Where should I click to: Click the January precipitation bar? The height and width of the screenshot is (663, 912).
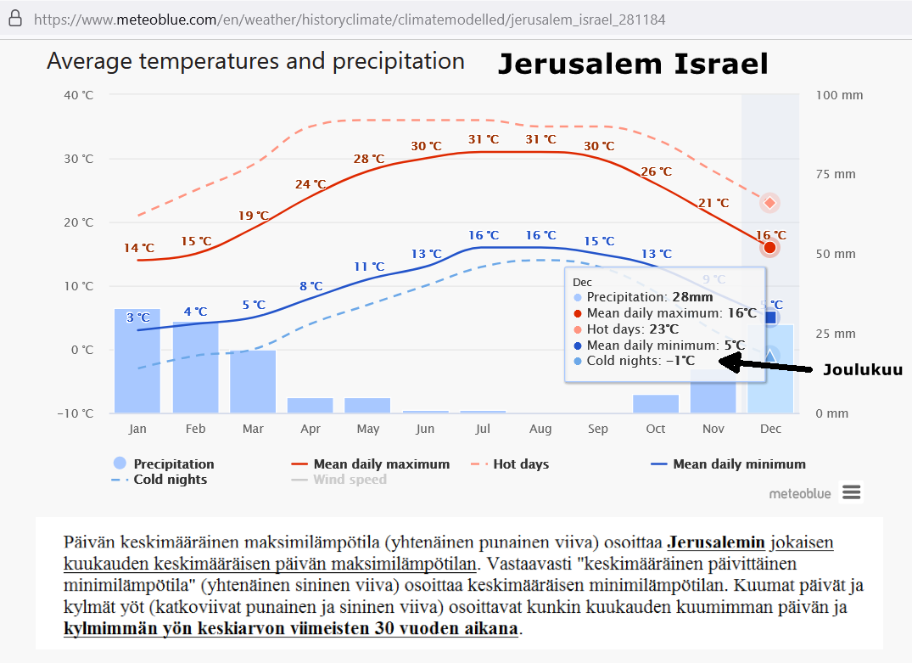click(137, 361)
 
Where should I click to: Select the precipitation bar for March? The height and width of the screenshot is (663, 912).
click(252, 381)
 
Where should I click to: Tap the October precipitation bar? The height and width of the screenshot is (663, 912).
click(656, 404)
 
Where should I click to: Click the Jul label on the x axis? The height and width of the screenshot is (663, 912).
click(483, 429)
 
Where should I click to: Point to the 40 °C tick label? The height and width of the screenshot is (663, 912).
click(79, 95)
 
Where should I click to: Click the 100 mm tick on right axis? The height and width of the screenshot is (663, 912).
click(839, 95)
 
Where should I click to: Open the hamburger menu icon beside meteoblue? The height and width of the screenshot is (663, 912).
click(852, 492)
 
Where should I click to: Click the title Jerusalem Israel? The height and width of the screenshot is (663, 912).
click(632, 64)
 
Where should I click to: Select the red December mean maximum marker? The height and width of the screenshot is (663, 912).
click(769, 248)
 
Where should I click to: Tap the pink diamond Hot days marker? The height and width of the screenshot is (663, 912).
click(769, 203)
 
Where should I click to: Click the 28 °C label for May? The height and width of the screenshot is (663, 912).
click(369, 159)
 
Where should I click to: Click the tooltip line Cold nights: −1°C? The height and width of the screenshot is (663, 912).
click(641, 361)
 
